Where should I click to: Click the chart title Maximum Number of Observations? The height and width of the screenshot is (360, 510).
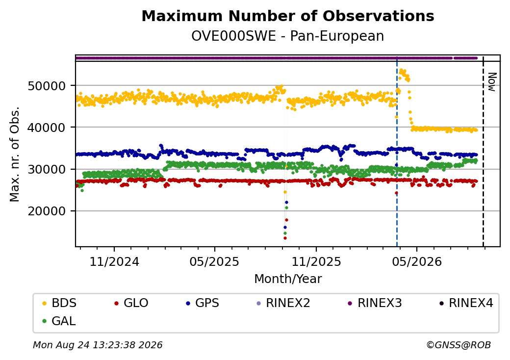click(288, 16)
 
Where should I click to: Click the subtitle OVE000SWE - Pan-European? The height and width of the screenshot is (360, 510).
click(287, 36)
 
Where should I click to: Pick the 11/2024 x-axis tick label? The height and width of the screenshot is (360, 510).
click(114, 261)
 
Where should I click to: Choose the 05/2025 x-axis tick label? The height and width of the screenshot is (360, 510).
click(214, 261)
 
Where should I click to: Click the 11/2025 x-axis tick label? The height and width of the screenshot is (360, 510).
click(316, 261)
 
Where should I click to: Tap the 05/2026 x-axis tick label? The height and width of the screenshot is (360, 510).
click(417, 261)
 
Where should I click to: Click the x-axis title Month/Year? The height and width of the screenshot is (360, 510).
click(288, 279)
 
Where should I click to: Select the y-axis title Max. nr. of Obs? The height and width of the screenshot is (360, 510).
click(15, 154)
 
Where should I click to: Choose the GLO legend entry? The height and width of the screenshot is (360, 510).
click(131, 303)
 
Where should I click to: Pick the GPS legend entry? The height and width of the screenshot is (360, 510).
click(203, 303)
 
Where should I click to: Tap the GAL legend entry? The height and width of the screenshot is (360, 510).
click(59, 321)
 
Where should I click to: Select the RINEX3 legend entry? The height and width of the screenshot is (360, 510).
click(375, 303)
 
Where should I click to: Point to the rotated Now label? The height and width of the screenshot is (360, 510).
click(492, 82)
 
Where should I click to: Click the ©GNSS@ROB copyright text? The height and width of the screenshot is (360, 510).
click(459, 345)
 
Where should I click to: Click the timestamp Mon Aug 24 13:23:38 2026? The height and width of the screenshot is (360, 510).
click(98, 345)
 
